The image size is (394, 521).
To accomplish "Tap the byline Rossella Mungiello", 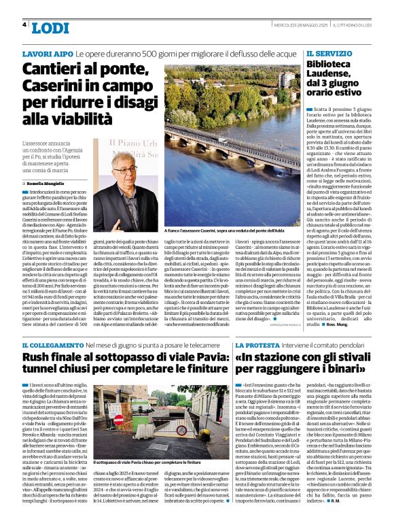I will point(48,184).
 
